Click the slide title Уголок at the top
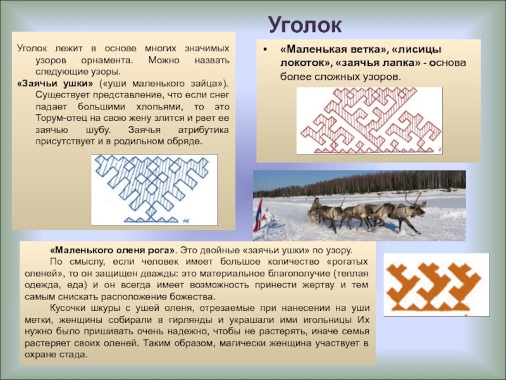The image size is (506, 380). [305, 25]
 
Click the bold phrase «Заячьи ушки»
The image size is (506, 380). [55, 84]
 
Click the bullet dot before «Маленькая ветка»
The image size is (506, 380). [265, 49]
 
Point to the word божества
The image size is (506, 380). [194, 296]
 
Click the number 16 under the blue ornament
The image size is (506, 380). [186, 221]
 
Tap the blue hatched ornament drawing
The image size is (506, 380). [152, 189]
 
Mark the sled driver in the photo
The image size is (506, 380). [316, 205]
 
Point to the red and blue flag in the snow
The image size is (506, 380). [258, 214]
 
